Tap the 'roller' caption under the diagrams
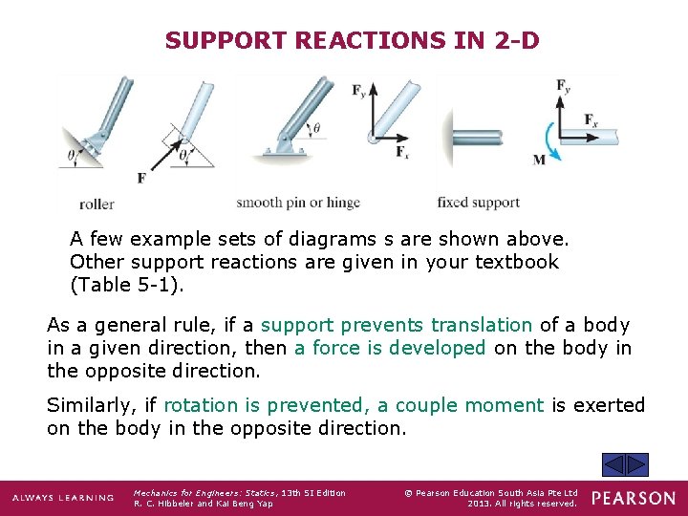point(97,204)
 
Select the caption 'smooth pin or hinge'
point(298,203)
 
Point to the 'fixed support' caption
point(478,203)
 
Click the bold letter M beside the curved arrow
point(539,159)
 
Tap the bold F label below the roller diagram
point(141,178)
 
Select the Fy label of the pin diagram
point(359,92)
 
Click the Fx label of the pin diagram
point(402,151)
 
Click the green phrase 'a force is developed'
point(390,348)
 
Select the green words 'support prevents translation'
point(397,325)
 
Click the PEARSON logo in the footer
point(633,498)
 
